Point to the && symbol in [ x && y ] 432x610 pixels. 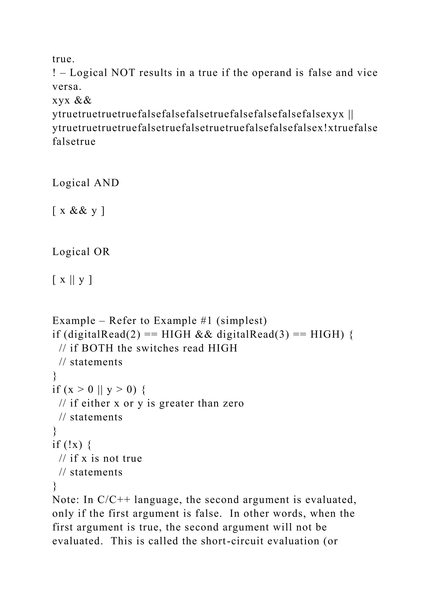pyautogui.click(x=78, y=211)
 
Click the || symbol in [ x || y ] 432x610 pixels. pyautogui.click(x=72, y=280)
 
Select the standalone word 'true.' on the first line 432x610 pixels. pyautogui.click(x=63, y=59)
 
